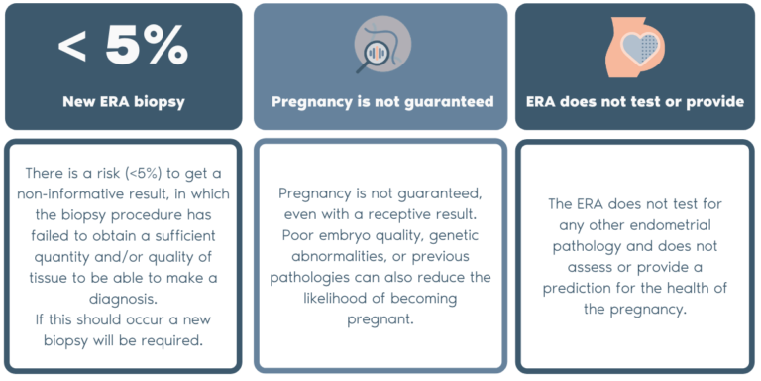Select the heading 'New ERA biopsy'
coord(124,101)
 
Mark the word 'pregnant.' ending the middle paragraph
coord(381,317)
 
